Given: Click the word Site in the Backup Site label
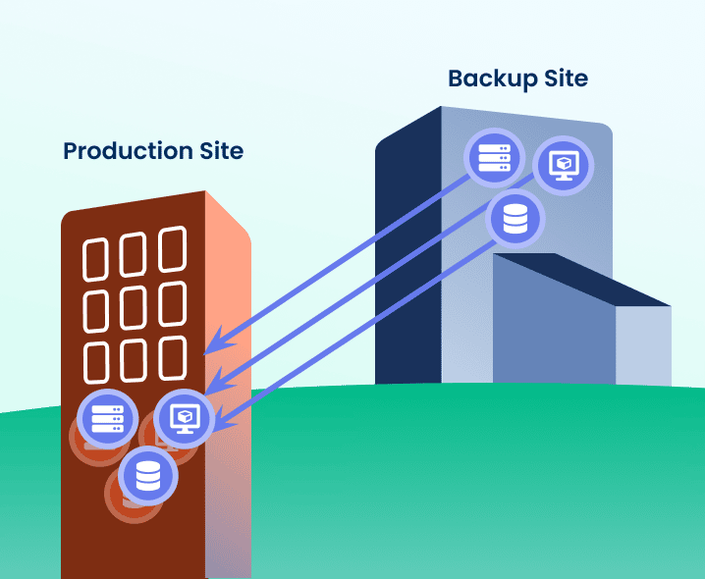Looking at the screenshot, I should [566, 79].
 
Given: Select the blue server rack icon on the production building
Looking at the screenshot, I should [107, 417].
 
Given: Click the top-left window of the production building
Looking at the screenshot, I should [97, 259].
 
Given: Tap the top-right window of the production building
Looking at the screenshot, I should [172, 249].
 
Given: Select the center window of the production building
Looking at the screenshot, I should [135, 307].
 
